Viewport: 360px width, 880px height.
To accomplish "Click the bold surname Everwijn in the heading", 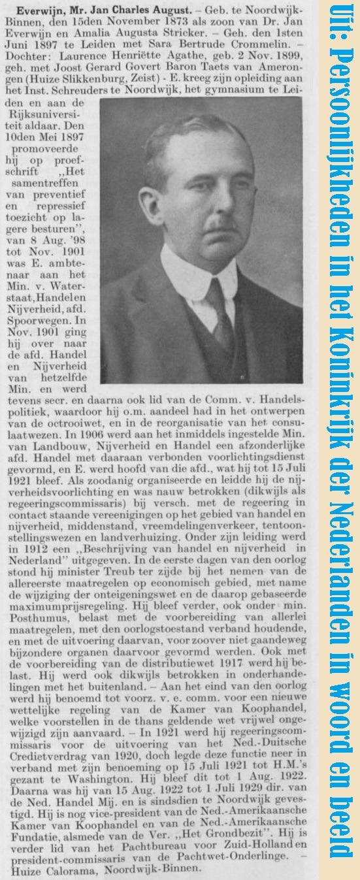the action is (x=40, y=12).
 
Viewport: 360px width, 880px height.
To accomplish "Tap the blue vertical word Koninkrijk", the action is (x=343, y=405).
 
